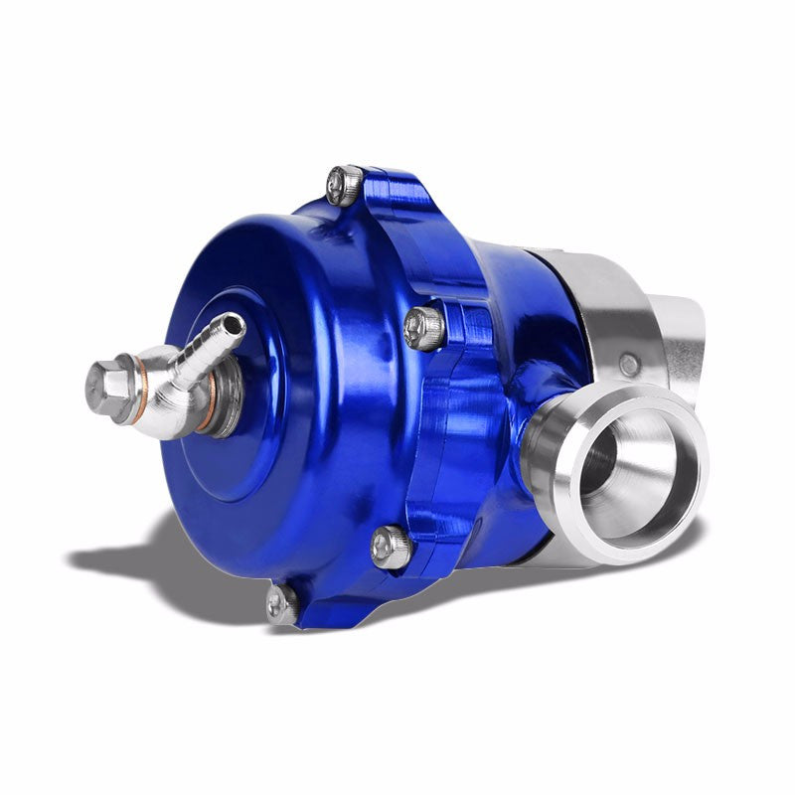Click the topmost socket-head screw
(344, 185)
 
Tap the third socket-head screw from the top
(391, 546)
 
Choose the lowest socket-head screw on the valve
(281, 603)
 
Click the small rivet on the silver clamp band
(630, 366)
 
